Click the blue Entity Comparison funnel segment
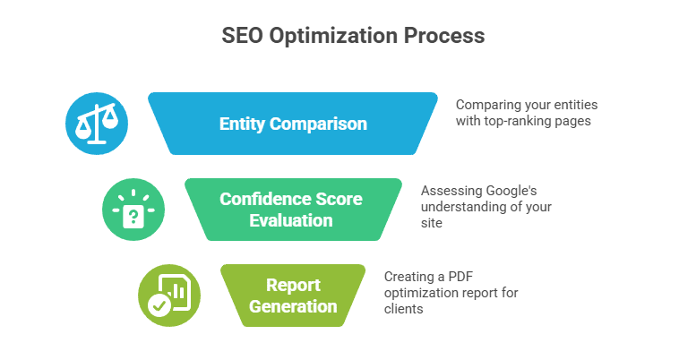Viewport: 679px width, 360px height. pyautogui.click(x=293, y=124)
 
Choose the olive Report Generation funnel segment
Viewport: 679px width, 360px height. pyautogui.click(x=293, y=296)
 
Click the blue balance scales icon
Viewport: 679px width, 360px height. pyautogui.click(x=97, y=124)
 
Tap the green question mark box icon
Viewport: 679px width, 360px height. pyautogui.click(x=133, y=210)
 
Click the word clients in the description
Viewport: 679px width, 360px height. pyautogui.click(x=404, y=309)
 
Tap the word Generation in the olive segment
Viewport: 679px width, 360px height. pyautogui.click(x=293, y=306)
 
